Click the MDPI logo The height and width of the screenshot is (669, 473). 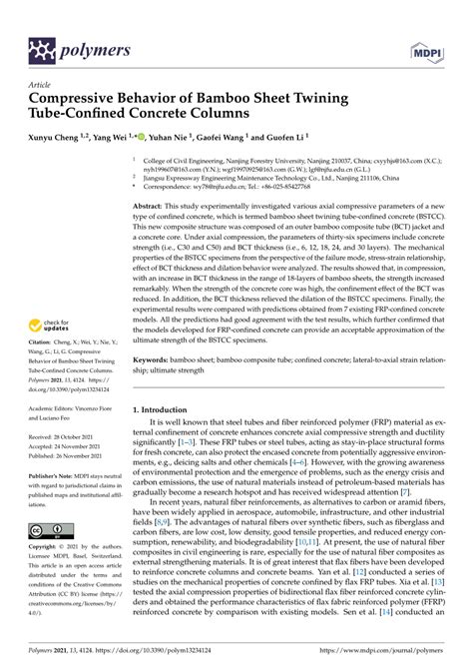click(428, 49)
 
